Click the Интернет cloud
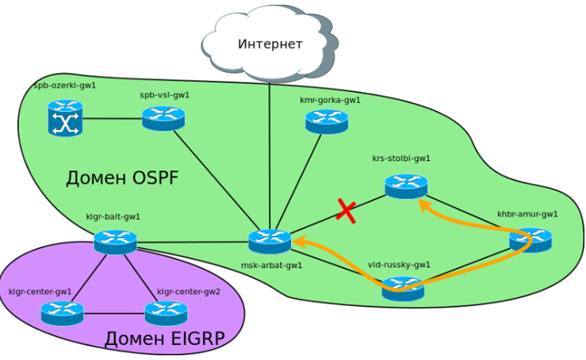coord(270,44)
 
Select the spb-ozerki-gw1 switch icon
coord(65,118)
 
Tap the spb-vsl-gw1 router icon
coord(163,118)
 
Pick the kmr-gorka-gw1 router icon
coord(327,121)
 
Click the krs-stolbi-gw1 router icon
coord(406,186)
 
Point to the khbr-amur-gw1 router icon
coord(530,239)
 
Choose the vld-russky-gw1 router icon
coord(403,289)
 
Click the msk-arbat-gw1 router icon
coord(270,241)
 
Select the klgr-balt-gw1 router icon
coord(115,241)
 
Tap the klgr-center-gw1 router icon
coord(62,313)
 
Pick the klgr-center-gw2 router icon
coord(166,313)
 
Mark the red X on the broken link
coord(346,210)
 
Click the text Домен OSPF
coord(121,178)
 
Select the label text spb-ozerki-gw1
coord(64,85)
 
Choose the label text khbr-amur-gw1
coord(527,213)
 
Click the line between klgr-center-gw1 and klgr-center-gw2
coord(114,314)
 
